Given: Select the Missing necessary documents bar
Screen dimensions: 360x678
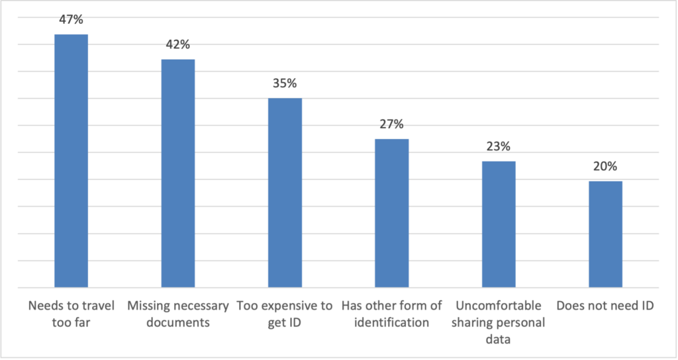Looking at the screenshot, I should point(178,173).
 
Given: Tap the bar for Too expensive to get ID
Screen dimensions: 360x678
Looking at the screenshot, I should point(285,193).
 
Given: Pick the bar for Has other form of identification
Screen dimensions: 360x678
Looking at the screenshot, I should point(391,213).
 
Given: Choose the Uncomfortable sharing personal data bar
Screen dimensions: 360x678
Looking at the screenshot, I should point(498,224).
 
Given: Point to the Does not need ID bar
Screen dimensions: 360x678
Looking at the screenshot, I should point(605,234).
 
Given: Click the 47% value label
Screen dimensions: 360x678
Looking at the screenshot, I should point(71,20).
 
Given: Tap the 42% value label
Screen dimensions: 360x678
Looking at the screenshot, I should point(178,45).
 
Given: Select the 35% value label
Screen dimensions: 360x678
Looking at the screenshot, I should point(285,84).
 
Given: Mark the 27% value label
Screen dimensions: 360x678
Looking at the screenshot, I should point(391,124).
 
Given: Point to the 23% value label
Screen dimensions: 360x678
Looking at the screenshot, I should point(498,147).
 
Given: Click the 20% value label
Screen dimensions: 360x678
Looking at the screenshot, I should point(605,167).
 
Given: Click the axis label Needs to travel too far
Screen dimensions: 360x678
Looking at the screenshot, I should point(71,314).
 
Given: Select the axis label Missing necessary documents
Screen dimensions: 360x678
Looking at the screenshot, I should point(178,314).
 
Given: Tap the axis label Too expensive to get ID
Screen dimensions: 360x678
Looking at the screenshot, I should point(285,314).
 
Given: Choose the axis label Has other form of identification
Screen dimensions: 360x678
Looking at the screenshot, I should point(391,314).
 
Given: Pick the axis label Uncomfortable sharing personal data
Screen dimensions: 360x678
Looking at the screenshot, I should point(498,323).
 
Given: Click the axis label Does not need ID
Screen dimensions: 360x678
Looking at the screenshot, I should point(605,306).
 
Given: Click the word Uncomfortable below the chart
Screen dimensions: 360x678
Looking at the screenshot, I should point(498,306).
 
